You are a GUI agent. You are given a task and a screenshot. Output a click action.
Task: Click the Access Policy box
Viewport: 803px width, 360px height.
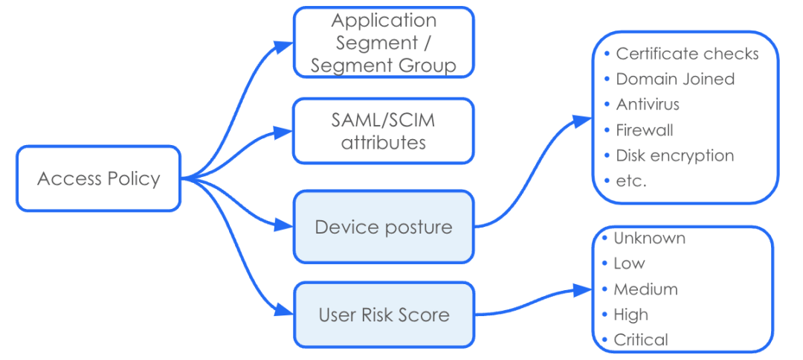[98, 179]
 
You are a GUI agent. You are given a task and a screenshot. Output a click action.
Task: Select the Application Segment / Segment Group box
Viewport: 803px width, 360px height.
[384, 42]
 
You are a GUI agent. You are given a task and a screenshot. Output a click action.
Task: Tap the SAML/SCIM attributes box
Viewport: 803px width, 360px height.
[384, 131]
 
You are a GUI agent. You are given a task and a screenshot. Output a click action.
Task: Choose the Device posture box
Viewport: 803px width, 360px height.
[384, 227]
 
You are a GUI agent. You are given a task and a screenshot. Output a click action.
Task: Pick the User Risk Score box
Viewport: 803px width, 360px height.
[384, 315]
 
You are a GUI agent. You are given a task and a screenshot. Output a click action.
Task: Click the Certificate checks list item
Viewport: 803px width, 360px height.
[687, 54]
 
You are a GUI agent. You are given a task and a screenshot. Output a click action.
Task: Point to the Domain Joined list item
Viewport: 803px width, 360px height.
[675, 79]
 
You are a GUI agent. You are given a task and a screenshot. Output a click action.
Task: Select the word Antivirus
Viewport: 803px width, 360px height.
[648, 104]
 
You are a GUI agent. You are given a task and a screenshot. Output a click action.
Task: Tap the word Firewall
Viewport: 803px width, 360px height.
[645, 130]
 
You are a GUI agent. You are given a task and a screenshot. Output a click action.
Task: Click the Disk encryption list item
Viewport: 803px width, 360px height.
[674, 155]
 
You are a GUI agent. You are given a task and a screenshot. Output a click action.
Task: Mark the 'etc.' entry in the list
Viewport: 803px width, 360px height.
[631, 181]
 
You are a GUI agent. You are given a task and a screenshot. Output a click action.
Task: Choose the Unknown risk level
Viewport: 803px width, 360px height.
[649, 238]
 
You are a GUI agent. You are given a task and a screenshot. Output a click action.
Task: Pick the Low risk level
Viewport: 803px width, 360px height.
[629, 263]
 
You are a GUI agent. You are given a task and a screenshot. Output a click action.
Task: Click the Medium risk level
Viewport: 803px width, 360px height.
[645, 289]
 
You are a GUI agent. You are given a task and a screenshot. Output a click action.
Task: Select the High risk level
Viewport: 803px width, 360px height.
[631, 315]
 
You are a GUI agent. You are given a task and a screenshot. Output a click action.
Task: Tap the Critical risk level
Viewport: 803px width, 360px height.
[641, 340]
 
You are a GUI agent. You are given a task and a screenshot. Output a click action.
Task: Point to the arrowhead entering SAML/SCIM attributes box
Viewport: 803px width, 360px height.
[283, 132]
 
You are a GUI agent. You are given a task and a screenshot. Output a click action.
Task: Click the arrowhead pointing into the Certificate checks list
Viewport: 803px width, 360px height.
[581, 122]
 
